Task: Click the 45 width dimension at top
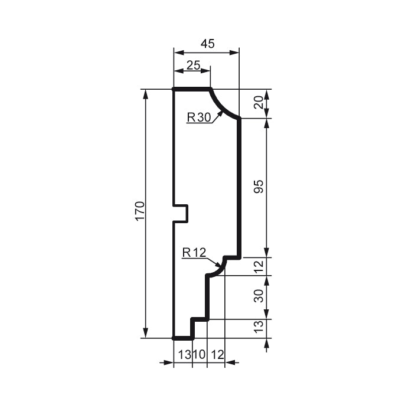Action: point(207,44)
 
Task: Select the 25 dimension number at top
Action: point(193,65)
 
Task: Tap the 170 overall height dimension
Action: point(139,211)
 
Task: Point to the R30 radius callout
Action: point(199,117)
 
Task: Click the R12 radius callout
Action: point(194,253)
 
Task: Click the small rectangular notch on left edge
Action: point(181,213)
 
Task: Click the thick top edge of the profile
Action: point(192,89)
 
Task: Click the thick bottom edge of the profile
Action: point(183,339)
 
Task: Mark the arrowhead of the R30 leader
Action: point(221,112)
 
